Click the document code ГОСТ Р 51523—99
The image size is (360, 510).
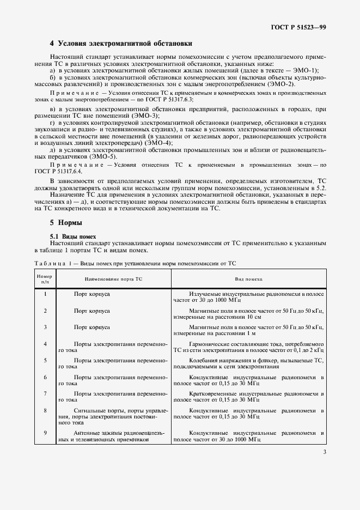click(299, 27)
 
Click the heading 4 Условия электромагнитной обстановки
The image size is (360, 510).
click(120, 43)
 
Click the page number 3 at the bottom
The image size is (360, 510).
click(325, 452)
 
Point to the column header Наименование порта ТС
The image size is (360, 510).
click(113, 278)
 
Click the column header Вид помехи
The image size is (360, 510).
click(248, 278)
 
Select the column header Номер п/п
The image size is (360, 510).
click(45, 278)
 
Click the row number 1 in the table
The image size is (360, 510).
click(45, 294)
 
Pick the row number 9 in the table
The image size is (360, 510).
click(45, 433)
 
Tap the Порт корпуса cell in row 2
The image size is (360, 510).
click(92, 311)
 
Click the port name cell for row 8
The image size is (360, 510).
click(113, 416)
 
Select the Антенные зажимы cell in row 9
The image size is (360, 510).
click(113, 436)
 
